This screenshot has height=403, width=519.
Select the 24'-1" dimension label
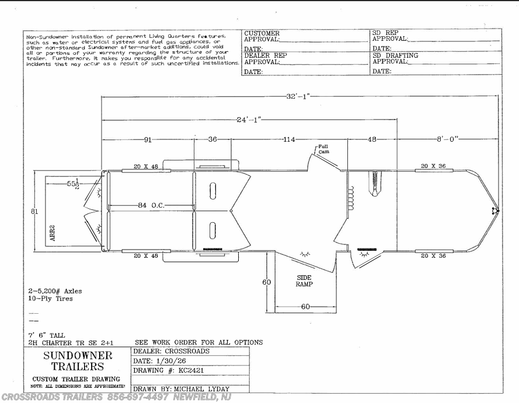coord(248,120)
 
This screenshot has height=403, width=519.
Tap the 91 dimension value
coord(148,139)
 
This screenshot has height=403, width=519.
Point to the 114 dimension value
coord(288,139)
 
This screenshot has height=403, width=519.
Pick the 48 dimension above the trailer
coord(372,139)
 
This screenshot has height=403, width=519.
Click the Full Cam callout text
coord(323,149)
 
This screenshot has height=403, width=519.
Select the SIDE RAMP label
coord(304,281)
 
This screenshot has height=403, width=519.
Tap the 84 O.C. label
coord(150,205)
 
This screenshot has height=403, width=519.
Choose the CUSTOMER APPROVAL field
coord(262,37)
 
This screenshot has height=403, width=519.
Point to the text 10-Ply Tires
coord(50,298)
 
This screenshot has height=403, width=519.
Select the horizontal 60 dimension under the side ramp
coord(305,307)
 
